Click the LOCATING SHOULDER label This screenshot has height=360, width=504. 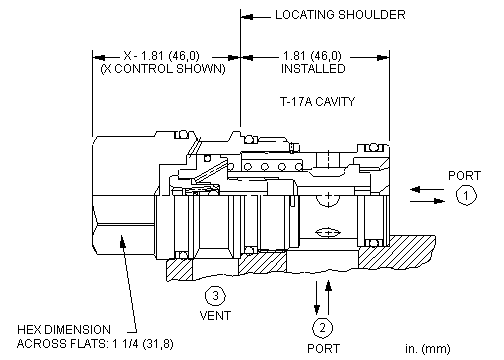(x=340, y=15)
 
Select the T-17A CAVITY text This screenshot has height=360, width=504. (x=317, y=101)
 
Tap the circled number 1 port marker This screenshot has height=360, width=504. (x=466, y=195)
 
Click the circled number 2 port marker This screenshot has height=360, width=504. (x=322, y=328)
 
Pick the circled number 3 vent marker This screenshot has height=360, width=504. (x=215, y=296)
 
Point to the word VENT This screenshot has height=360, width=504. (x=215, y=315)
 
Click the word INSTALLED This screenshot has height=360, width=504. (x=313, y=69)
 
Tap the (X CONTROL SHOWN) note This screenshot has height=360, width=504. (x=163, y=69)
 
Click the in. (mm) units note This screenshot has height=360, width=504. (x=428, y=349)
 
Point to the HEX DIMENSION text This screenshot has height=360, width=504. (x=64, y=330)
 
